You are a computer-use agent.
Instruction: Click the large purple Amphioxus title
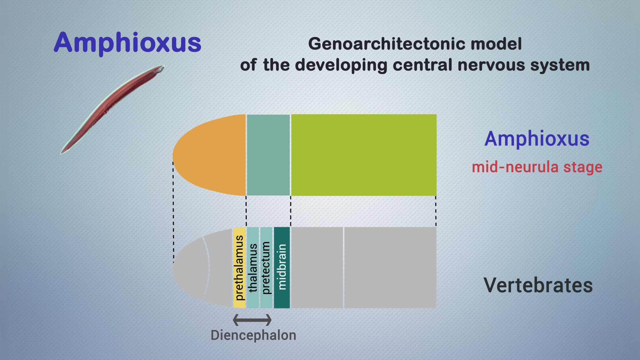tap(127, 43)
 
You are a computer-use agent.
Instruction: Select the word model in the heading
tap(496, 44)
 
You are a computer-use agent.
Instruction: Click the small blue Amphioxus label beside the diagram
tap(537, 139)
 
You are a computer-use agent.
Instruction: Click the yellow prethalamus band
tap(239, 268)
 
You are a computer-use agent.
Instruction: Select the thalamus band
tap(253, 268)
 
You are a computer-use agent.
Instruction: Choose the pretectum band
tap(266, 268)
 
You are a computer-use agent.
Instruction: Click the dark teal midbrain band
tap(282, 268)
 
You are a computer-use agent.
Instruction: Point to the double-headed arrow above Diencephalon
tap(252, 320)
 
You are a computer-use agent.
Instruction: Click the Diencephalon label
tap(253, 335)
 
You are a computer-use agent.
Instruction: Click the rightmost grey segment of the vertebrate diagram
tap(390, 268)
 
